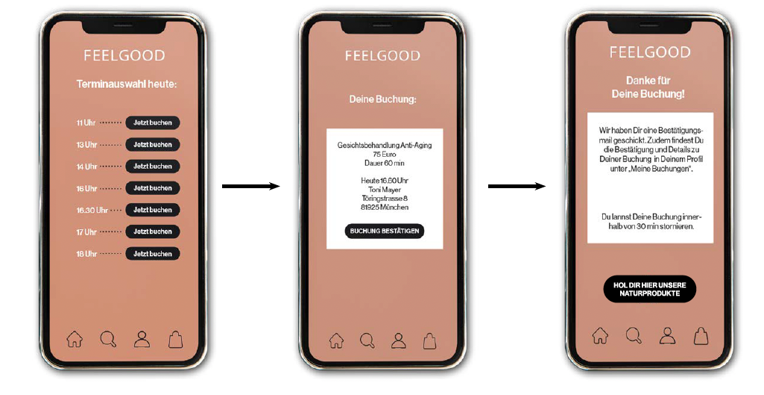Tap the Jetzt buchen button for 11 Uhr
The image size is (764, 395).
coord(153,122)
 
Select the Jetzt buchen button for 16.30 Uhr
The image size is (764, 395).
coord(153,210)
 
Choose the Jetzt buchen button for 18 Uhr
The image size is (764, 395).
coord(153,254)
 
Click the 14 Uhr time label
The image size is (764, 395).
coord(86,167)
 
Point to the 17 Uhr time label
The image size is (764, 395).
coord(86,232)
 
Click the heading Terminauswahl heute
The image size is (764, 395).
coord(127,84)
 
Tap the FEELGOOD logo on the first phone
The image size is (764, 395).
coord(124,56)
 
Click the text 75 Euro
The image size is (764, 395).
coord(385,155)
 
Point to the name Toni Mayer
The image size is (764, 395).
coord(385,190)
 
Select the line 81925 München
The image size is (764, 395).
coord(385,207)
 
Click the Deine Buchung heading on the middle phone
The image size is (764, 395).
coord(382,99)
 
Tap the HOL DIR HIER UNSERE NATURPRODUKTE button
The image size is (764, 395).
coord(649,289)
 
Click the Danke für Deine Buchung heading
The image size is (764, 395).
coord(648,87)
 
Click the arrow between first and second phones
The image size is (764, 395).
coord(251,186)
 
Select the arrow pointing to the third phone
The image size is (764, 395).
coord(517,186)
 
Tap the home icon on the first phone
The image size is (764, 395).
coord(75,339)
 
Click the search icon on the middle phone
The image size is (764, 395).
coord(367,340)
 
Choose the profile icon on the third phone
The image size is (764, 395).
coord(668,336)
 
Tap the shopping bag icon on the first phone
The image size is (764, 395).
coord(176,339)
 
